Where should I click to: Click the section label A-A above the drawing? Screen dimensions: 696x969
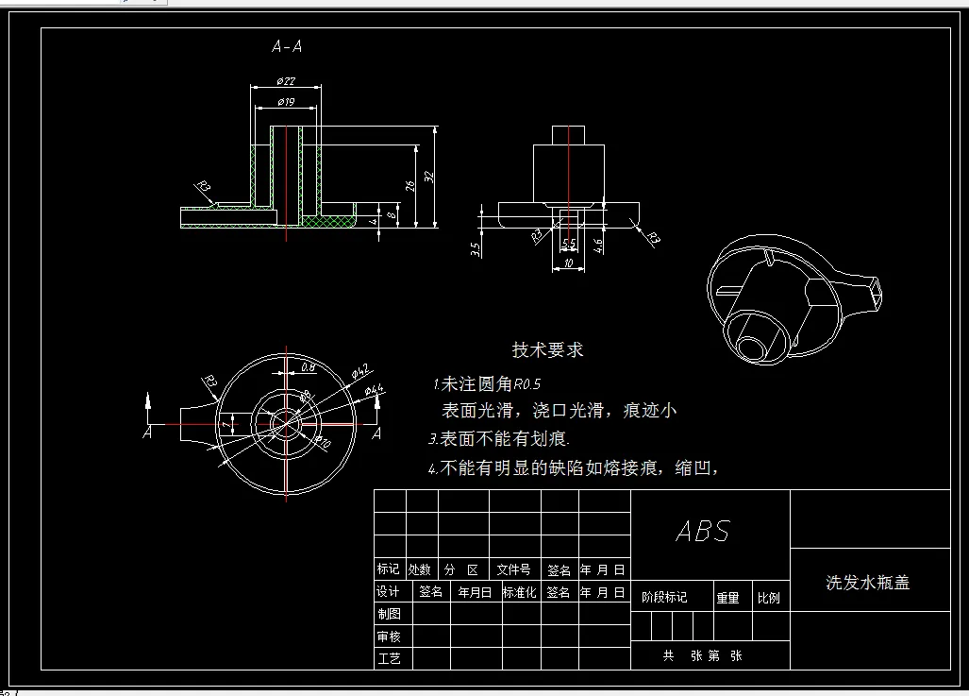click(287, 45)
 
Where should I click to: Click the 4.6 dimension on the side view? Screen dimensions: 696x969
click(599, 247)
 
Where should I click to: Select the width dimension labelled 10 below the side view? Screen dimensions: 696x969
click(568, 263)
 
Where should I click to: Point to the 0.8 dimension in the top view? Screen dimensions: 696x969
click(308, 367)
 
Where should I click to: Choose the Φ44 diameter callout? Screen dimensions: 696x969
click(374, 390)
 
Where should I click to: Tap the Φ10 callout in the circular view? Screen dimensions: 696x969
click(323, 440)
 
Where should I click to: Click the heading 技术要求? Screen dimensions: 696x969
click(547, 349)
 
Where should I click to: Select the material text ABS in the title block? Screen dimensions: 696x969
click(703, 531)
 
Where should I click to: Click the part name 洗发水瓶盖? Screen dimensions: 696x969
click(868, 583)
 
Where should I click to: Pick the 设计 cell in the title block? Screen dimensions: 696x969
click(389, 592)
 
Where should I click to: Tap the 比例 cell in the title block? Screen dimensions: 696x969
click(769, 598)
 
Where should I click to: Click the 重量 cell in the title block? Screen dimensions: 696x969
click(727, 598)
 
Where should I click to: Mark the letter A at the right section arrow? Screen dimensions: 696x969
click(376, 433)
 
